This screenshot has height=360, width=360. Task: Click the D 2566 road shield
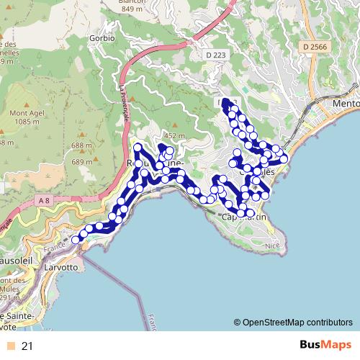tap(315, 46)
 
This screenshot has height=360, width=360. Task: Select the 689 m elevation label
tap(84, 162)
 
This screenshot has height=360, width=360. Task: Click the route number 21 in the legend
tap(27, 346)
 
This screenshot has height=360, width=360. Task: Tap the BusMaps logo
tap(323, 346)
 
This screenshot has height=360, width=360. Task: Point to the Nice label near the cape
tap(271, 245)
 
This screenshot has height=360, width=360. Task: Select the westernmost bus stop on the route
tap(76, 240)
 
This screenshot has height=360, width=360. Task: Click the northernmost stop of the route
tap(226, 102)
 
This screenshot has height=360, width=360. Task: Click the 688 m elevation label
tap(84, 146)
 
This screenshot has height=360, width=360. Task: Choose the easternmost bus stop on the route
tap(284, 158)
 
